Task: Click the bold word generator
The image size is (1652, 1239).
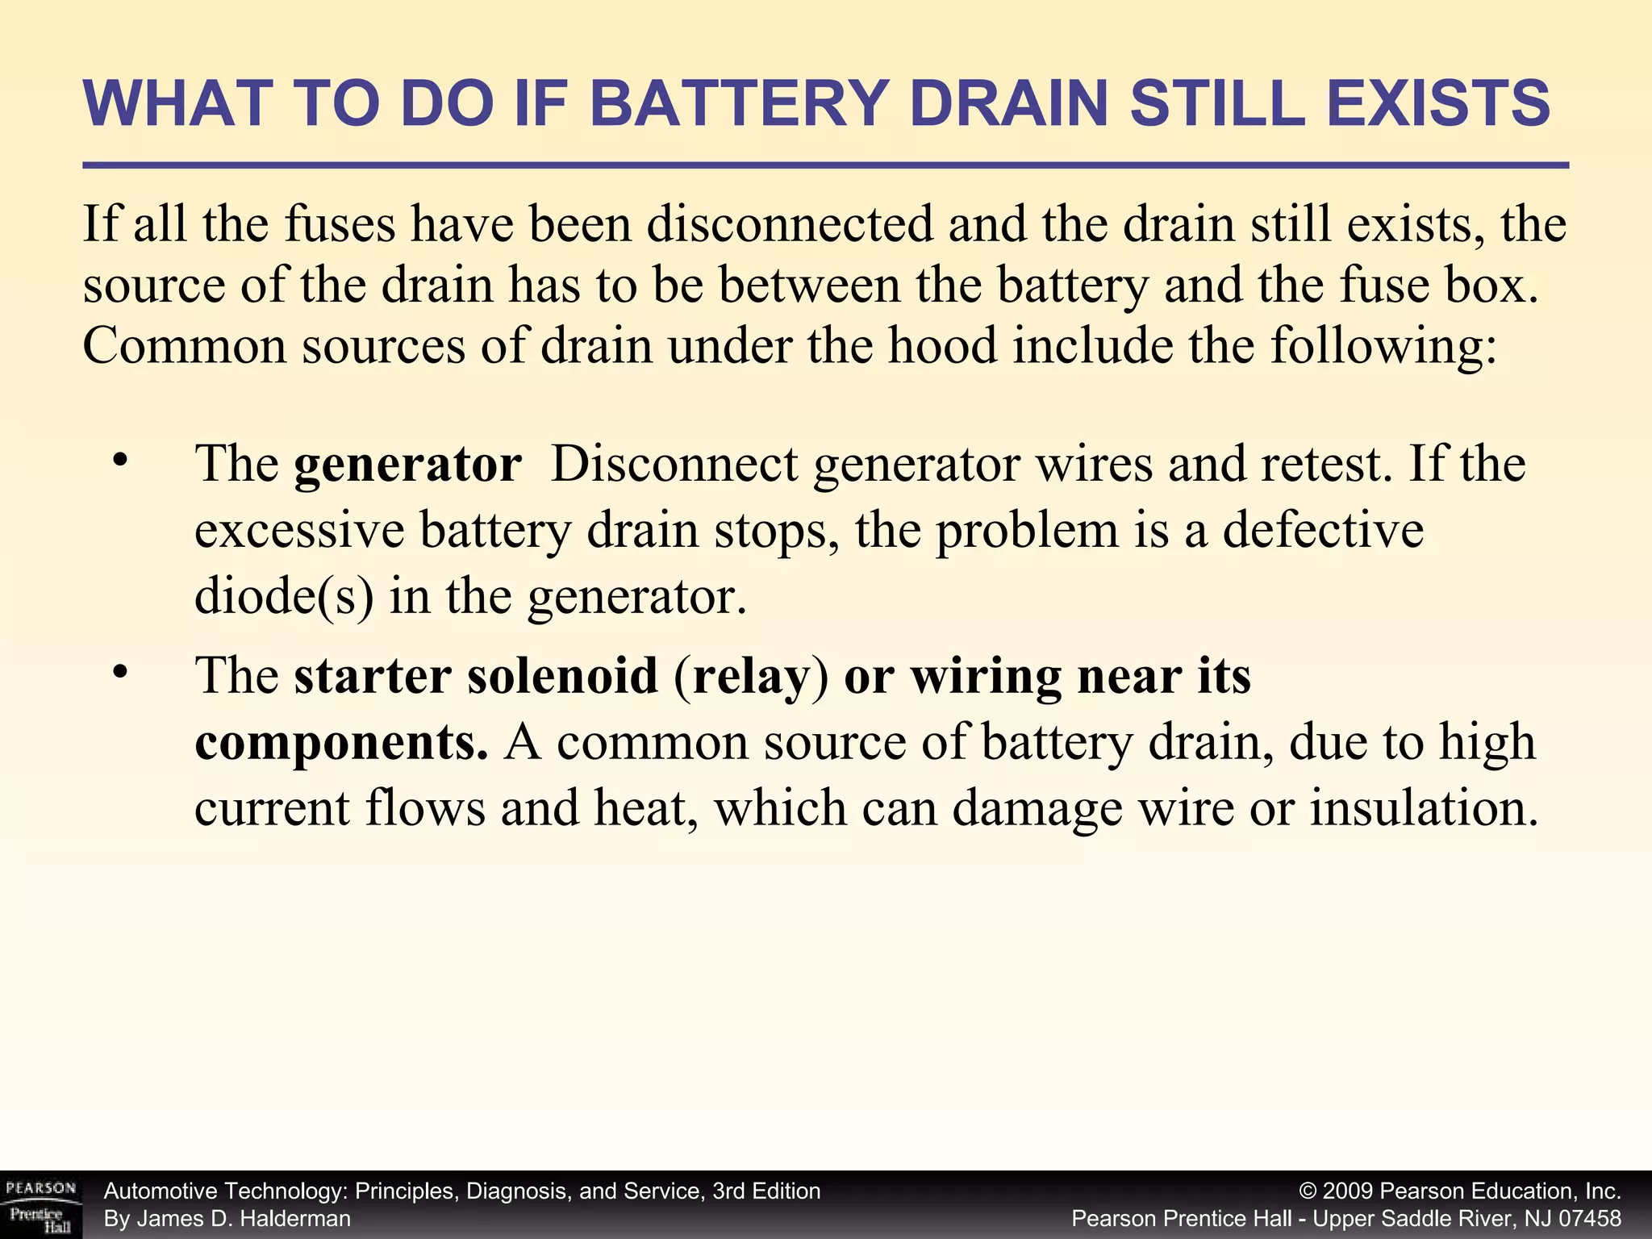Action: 407,465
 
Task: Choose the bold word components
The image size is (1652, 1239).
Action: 341,742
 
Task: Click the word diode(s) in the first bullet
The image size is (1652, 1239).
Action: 284,597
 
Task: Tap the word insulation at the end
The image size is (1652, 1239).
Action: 1424,808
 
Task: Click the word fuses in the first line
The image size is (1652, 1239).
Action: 340,224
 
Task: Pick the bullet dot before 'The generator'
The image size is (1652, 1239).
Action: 121,461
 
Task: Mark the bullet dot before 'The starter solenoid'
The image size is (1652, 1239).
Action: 121,670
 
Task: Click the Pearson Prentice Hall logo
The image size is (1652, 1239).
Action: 40,1205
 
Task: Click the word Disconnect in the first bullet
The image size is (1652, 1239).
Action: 674,465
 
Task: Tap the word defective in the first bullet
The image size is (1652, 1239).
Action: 1323,531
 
